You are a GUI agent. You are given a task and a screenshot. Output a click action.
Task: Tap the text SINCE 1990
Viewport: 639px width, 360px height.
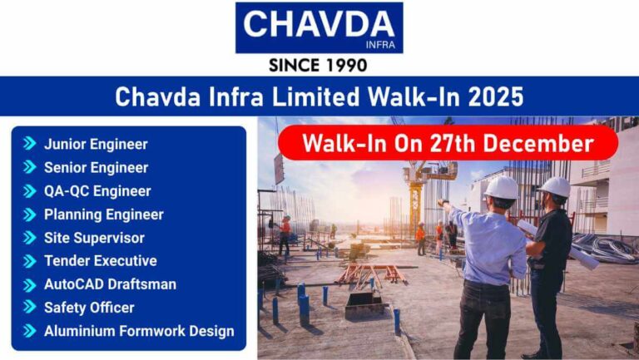tap(319, 65)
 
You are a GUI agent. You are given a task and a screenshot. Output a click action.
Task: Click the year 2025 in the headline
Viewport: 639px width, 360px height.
tap(496, 96)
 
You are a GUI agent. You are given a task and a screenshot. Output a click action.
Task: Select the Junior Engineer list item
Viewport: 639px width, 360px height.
tap(96, 144)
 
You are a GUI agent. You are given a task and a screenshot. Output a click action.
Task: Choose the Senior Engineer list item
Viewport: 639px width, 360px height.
tap(96, 167)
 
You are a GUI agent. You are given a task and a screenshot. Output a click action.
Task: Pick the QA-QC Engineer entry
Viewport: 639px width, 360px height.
tap(97, 190)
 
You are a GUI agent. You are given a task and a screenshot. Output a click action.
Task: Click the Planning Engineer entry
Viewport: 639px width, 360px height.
tap(103, 214)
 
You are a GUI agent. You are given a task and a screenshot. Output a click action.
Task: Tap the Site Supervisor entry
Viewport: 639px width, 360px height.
tap(94, 237)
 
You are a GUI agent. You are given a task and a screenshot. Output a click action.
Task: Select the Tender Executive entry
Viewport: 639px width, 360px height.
tap(100, 260)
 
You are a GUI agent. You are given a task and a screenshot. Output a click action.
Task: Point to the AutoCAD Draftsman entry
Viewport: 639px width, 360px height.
tap(110, 284)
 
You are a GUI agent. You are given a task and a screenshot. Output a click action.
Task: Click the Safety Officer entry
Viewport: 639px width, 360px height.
tap(89, 307)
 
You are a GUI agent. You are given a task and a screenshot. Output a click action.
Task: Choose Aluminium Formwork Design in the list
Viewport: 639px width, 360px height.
tap(139, 330)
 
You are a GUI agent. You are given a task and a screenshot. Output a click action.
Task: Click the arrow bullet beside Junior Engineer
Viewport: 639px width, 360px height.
tap(30, 144)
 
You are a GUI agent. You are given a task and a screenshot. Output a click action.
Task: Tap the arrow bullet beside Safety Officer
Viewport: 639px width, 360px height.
tap(30, 307)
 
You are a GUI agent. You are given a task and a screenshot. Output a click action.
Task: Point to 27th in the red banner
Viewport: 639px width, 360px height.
tap(453, 143)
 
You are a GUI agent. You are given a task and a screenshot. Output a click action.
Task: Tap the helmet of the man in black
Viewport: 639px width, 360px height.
tap(555, 187)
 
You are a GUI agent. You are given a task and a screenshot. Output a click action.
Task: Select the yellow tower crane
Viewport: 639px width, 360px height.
tap(414, 191)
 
